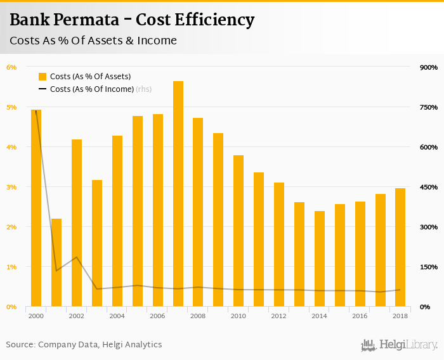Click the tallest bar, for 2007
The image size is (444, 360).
178,194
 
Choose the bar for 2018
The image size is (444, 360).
400,247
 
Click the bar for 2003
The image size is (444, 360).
97,243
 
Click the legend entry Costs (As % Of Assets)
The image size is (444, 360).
86,77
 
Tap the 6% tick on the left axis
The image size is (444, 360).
11,67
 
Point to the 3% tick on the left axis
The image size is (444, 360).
11,187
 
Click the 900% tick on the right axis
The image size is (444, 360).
429,67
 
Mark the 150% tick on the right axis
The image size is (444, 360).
429,267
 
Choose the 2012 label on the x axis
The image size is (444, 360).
279,316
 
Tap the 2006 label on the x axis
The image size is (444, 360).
157,316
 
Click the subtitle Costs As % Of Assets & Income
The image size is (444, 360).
93,41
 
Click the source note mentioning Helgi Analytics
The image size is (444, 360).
84,345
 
